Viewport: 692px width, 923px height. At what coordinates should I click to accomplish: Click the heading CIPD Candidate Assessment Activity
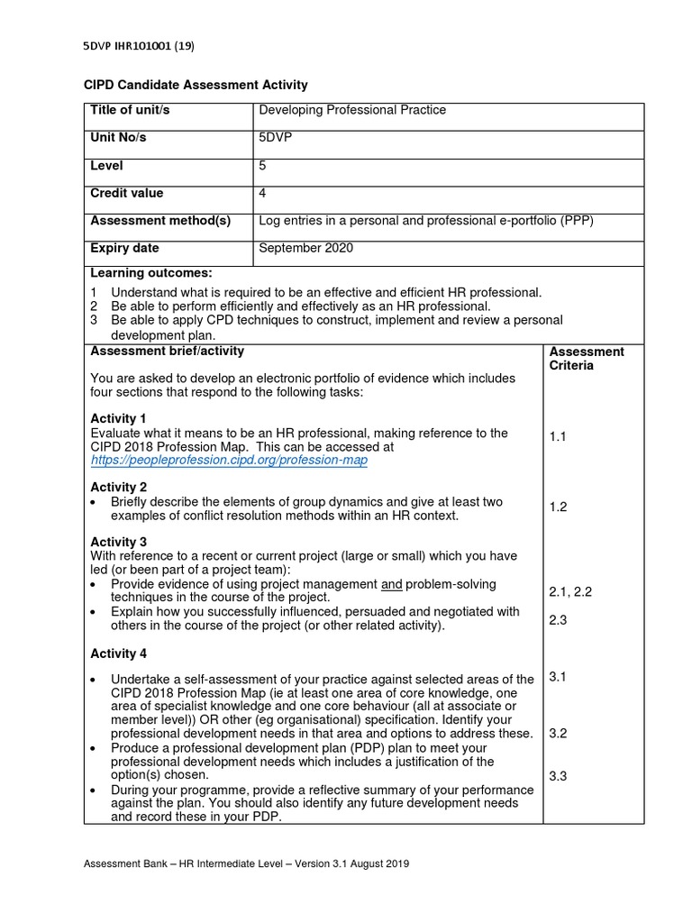pyautogui.click(x=196, y=85)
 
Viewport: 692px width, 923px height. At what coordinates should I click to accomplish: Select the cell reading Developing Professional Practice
pyautogui.click(x=352, y=111)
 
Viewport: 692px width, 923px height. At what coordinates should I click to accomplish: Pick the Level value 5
pyautogui.click(x=262, y=166)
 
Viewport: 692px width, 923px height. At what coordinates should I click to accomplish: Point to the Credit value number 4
pyautogui.click(x=262, y=194)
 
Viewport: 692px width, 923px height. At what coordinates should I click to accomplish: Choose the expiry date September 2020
pyautogui.click(x=305, y=249)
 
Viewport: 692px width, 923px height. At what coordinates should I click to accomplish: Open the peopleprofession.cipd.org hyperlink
pyautogui.click(x=229, y=460)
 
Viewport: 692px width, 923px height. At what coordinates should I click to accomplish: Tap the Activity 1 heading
pyautogui.click(x=118, y=419)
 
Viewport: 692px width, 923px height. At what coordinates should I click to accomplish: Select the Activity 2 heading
pyautogui.click(x=118, y=488)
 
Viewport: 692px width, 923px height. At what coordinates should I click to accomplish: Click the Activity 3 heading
pyautogui.click(x=118, y=542)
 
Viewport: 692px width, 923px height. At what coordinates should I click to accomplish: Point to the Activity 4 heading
pyautogui.click(x=118, y=653)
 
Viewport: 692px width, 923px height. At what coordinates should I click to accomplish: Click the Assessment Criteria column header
pyautogui.click(x=586, y=359)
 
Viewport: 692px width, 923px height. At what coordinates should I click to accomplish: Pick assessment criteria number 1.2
pyautogui.click(x=558, y=507)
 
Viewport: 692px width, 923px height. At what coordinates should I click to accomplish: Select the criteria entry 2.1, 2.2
pyautogui.click(x=569, y=592)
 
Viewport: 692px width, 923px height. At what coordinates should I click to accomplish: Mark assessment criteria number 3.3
pyautogui.click(x=558, y=776)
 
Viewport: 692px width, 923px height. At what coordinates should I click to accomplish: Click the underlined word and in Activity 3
pyautogui.click(x=391, y=584)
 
